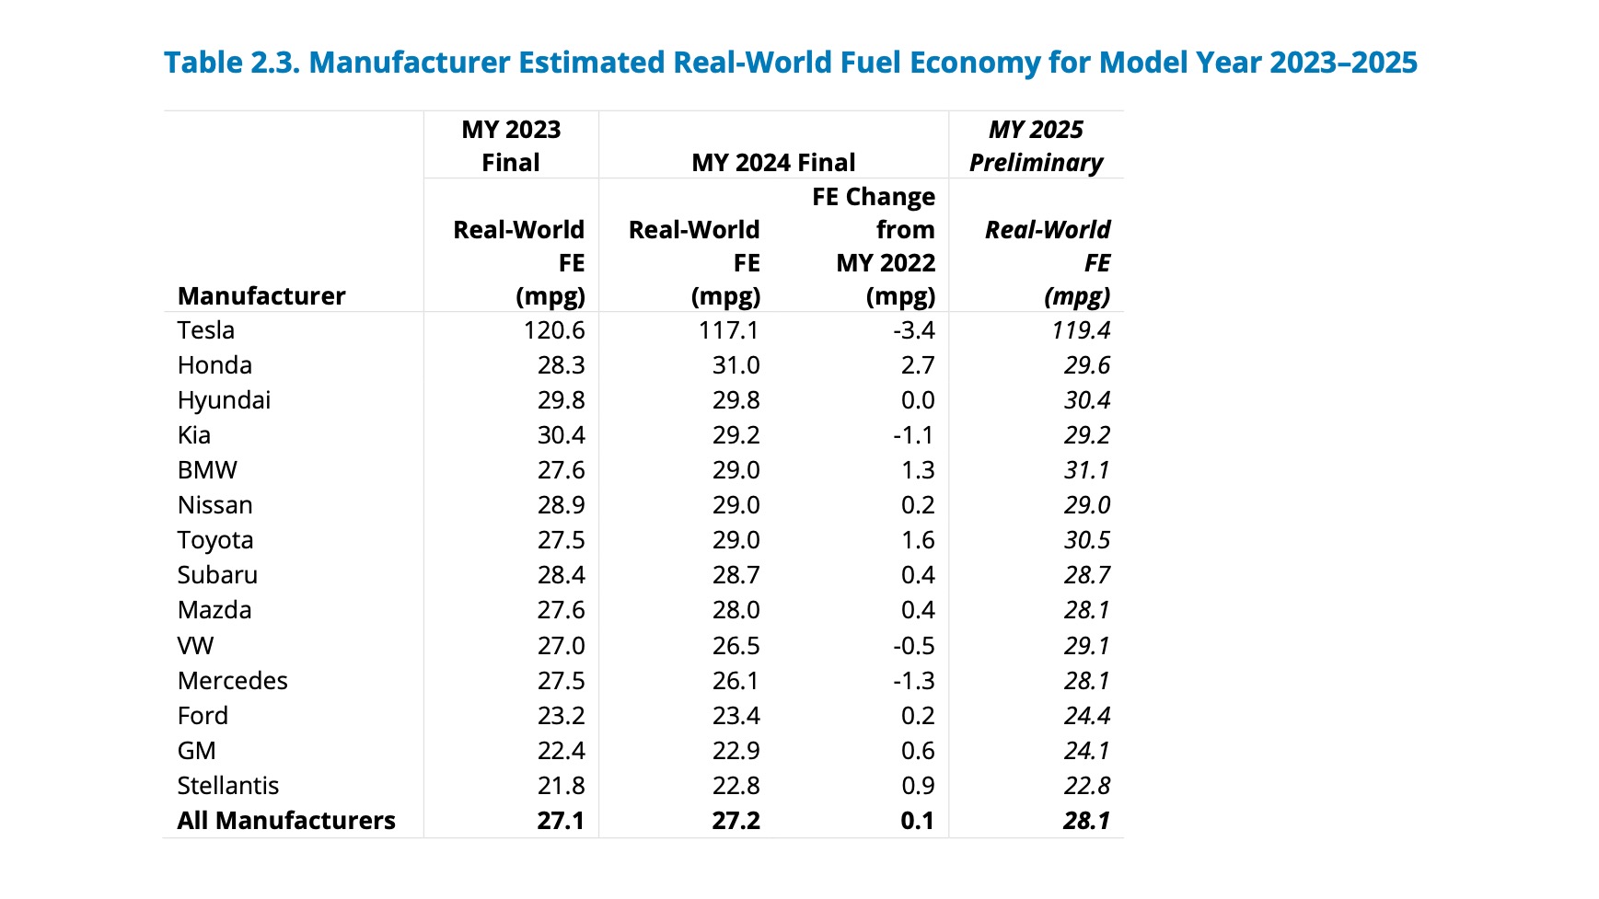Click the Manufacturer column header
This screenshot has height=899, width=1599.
click(261, 295)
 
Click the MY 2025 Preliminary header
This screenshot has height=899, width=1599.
click(1036, 145)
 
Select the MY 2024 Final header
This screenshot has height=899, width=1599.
click(773, 163)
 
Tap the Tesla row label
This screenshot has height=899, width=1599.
click(206, 330)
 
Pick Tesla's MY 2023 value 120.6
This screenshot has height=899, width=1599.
click(554, 330)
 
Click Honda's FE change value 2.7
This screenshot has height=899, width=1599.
click(918, 365)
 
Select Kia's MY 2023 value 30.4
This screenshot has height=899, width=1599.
click(562, 435)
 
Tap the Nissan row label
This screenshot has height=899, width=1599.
click(214, 505)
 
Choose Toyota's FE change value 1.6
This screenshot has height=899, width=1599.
click(918, 540)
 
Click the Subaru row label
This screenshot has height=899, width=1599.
click(217, 575)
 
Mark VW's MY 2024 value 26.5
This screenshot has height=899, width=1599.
click(736, 646)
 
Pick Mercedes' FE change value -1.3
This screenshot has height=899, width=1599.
click(913, 681)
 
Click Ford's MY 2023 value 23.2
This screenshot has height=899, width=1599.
click(562, 716)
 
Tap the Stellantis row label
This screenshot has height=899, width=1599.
click(227, 786)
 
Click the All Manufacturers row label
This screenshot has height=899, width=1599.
click(286, 821)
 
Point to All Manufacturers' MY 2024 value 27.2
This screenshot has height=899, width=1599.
click(736, 821)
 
